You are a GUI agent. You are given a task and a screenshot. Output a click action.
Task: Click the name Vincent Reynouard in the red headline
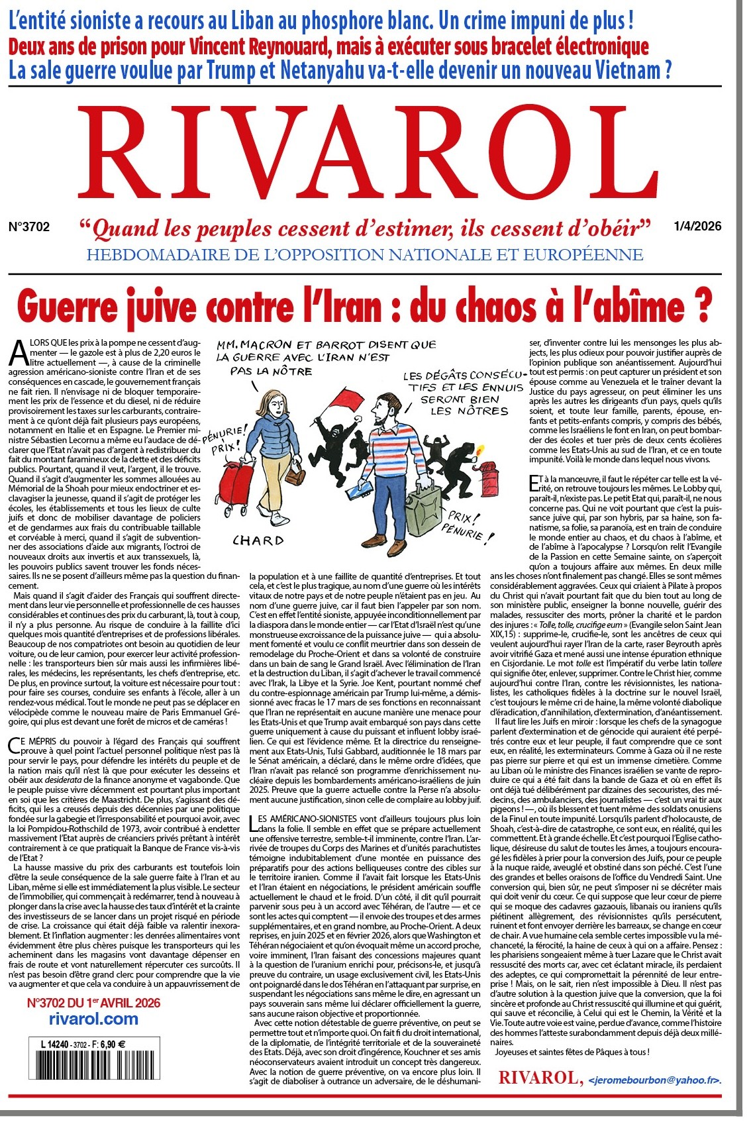pyautogui.click(x=260, y=47)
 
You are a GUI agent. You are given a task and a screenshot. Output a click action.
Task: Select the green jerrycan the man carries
pyautogui.click(x=429, y=511)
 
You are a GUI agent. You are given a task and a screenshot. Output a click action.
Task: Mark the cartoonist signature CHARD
pyautogui.click(x=258, y=540)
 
